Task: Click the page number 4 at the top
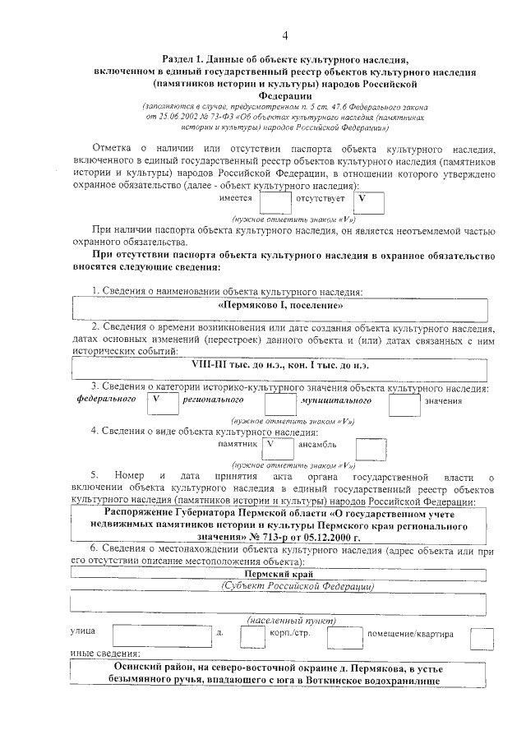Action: pyautogui.click(x=284, y=35)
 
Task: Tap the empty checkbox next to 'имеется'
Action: pyautogui.click(x=275, y=201)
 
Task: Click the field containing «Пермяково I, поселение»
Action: pyautogui.click(x=279, y=306)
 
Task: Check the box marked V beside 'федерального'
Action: pyautogui.click(x=162, y=402)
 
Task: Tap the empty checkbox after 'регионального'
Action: pyautogui.click(x=280, y=402)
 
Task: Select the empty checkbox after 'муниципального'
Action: pyautogui.click(x=404, y=402)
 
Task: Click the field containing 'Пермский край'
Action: pyautogui.click(x=279, y=574)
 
